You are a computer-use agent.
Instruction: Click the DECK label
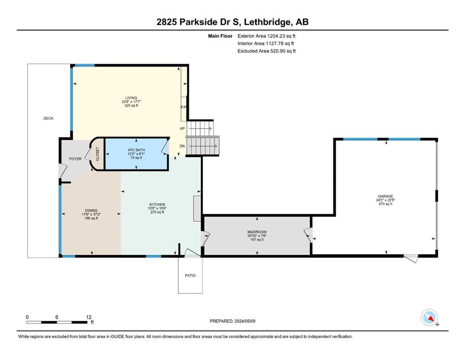point(48,118)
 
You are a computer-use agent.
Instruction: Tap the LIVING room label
point(131,97)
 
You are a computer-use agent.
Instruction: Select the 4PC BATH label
point(136,150)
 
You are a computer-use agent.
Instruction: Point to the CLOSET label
point(97,154)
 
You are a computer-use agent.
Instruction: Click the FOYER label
point(75,159)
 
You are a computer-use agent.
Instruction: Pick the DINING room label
point(91,210)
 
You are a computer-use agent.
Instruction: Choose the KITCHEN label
point(157,204)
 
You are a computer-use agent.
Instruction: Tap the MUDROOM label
point(257,232)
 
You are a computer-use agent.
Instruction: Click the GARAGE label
point(385,196)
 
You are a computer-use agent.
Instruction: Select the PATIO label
point(190,276)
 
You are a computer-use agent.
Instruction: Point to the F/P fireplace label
point(184,107)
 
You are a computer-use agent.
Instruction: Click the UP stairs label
point(182,128)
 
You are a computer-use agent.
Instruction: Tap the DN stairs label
point(182,146)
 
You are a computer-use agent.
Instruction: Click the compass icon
point(429,317)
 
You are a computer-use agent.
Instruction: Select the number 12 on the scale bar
point(89,317)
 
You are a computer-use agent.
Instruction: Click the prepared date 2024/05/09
point(245,321)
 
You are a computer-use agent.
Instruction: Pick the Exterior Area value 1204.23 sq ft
point(281,36)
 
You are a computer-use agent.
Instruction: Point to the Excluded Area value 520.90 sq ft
point(283,51)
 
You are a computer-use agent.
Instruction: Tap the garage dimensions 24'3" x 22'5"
point(385,200)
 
